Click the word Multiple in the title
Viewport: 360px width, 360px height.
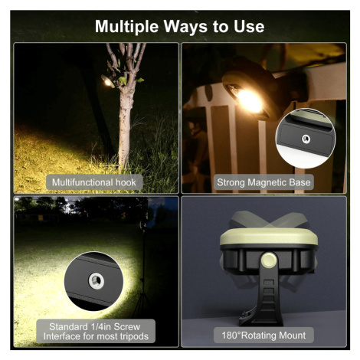click(x=126, y=27)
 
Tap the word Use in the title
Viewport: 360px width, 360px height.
click(x=249, y=26)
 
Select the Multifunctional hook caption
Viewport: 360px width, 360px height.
click(x=94, y=182)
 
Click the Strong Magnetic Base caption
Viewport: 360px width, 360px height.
click(x=263, y=182)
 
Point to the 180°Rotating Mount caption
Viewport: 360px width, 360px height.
click(x=263, y=335)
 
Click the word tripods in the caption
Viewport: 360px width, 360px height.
click(x=132, y=336)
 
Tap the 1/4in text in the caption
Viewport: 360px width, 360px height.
click(x=100, y=326)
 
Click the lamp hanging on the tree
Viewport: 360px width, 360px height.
click(x=108, y=81)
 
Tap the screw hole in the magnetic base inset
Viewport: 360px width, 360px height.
click(x=306, y=139)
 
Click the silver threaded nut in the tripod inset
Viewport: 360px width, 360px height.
click(x=97, y=281)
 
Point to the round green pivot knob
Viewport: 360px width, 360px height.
click(x=268, y=260)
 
